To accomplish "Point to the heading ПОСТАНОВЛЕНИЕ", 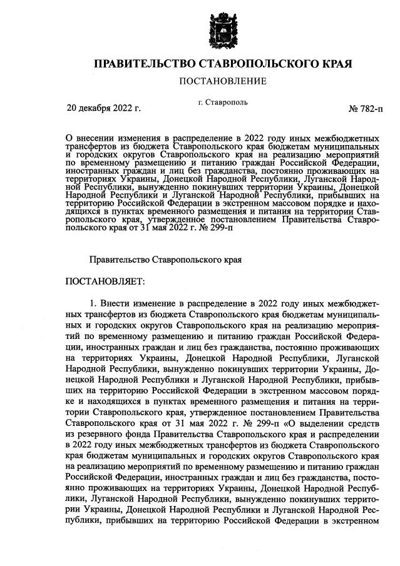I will [223, 81].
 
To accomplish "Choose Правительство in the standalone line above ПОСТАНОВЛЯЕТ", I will [120, 258].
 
